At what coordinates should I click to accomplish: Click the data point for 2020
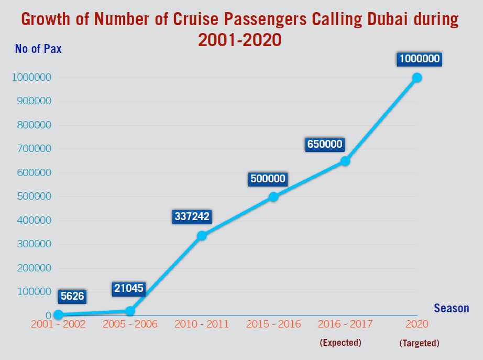pos(417,78)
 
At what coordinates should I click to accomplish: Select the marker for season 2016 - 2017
pos(345,161)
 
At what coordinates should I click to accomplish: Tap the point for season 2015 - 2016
pos(273,197)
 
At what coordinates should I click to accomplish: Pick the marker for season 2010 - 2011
pos(202,235)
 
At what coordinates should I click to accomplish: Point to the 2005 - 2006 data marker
pos(130,311)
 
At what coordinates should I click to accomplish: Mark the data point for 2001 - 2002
pos(58,314)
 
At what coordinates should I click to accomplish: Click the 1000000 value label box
pos(419,59)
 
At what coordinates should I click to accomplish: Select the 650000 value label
pos(324,144)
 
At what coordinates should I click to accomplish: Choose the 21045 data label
pos(128,288)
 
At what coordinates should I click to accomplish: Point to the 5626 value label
pos(72,296)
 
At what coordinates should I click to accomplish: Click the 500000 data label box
pos(267,179)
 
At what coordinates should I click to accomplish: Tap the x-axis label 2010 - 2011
pos(202,324)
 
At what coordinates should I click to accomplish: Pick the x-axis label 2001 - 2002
pos(58,324)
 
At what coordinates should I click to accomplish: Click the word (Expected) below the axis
pos(341,343)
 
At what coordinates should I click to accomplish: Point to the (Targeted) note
pos(419,343)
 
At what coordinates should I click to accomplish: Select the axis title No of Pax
pos(38,49)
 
